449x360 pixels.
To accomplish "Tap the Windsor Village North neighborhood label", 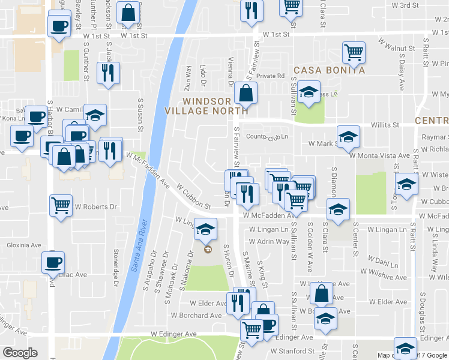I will click(207, 106).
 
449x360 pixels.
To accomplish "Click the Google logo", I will click(20, 352).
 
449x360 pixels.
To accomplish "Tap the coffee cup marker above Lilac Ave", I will click(53, 262).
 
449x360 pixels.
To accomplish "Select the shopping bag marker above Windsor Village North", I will click(246, 93).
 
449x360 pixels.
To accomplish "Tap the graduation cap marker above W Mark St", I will click(348, 136).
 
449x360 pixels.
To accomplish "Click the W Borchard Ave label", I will click(197, 315).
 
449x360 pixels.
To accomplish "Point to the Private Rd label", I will click(270, 76).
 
